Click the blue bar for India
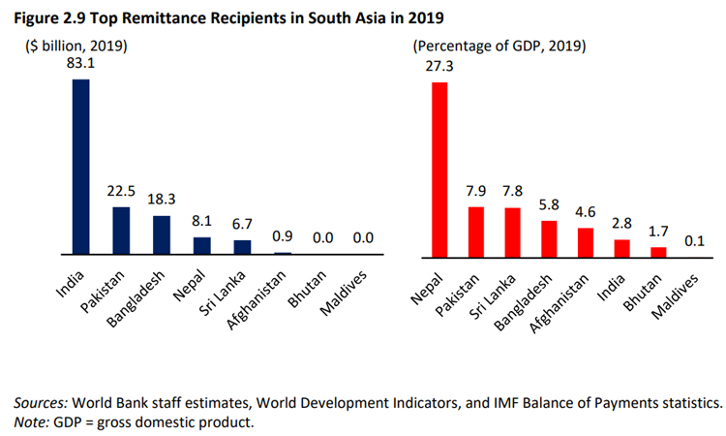point(81,167)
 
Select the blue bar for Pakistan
point(121,231)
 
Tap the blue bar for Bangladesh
point(162,234)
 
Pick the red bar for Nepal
point(439,170)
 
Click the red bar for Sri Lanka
point(512,233)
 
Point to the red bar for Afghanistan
point(586,242)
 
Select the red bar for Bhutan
point(658,252)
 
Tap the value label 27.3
point(439,69)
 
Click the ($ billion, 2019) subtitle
point(76,46)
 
